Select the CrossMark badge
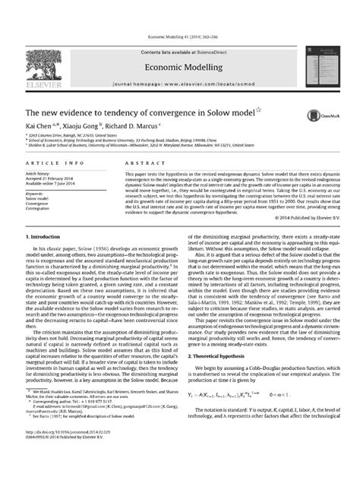tap(312, 114)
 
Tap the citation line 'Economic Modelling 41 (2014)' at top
tap(180, 36)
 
